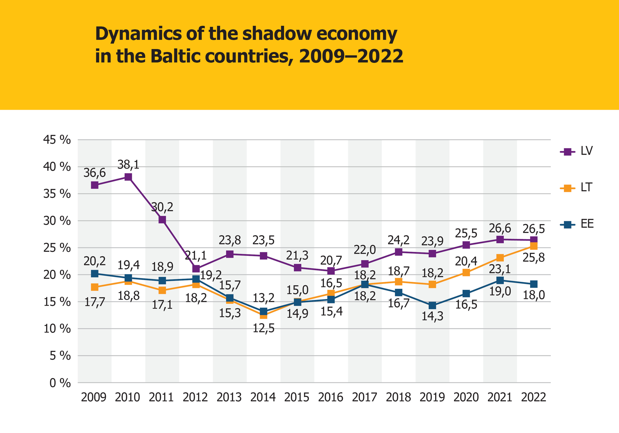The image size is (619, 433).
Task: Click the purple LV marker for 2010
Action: click(x=128, y=177)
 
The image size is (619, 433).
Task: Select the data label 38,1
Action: click(x=128, y=165)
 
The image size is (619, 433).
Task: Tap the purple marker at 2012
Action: click(x=196, y=269)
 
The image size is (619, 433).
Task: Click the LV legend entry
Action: click(x=577, y=151)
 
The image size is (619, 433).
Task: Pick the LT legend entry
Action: click(x=577, y=188)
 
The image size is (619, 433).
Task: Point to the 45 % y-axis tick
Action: click(x=57, y=140)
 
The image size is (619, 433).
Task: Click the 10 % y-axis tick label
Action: click(x=57, y=329)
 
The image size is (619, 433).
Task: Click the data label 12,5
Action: click(x=264, y=328)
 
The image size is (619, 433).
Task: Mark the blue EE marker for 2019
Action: click(x=432, y=306)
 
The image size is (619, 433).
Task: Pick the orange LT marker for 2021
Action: click(x=500, y=258)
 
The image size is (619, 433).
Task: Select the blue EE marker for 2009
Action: click(x=95, y=274)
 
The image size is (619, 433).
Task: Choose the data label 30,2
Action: click(x=162, y=207)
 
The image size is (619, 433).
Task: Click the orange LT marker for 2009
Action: click(x=95, y=287)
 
